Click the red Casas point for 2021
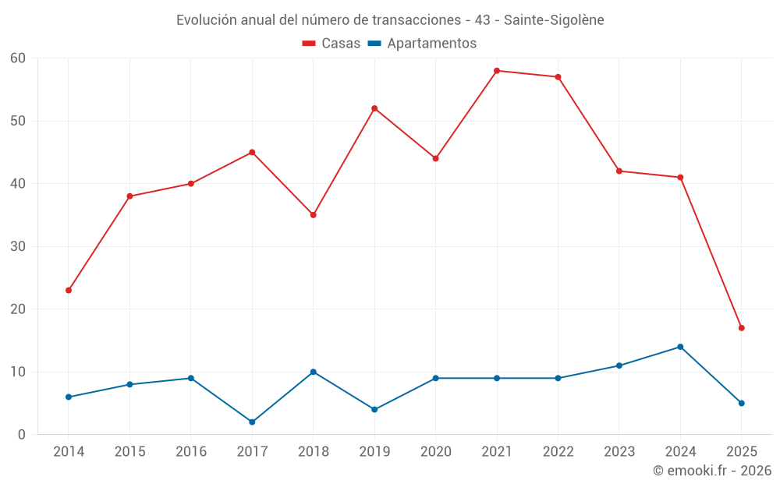[x=497, y=71]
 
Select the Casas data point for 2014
[x=69, y=290]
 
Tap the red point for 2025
[x=741, y=328]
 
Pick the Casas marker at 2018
[x=314, y=215]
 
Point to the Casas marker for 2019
[x=374, y=108]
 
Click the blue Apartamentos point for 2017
[x=252, y=422]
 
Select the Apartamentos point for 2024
[x=680, y=347]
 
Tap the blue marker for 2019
[x=374, y=409]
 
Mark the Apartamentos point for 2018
[x=314, y=372]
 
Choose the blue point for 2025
[x=741, y=403]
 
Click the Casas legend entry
[x=331, y=44]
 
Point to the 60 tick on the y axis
[x=18, y=58]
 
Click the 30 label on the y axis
[x=18, y=246]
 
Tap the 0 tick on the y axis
[x=22, y=435]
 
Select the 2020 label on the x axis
[x=435, y=452]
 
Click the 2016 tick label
[x=191, y=452]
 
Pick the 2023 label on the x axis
[x=619, y=452]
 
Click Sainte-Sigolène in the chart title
[x=554, y=20]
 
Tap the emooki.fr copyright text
[x=712, y=471]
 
